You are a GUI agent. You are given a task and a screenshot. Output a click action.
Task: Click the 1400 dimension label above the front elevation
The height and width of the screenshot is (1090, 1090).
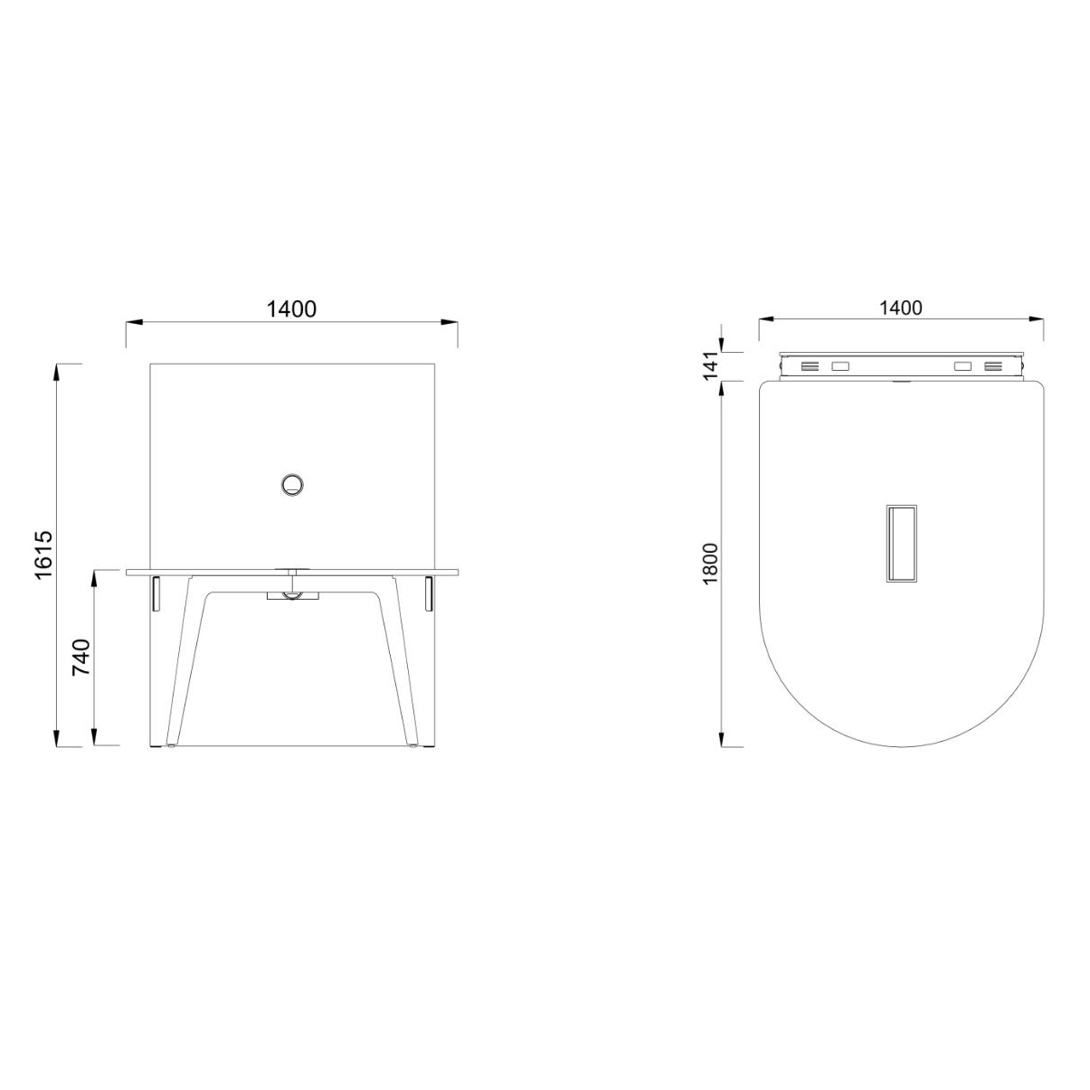click(291, 308)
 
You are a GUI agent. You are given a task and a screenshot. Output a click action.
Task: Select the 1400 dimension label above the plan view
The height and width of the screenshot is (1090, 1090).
click(900, 308)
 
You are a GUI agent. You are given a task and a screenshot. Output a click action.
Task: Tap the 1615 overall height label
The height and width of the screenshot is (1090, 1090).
click(45, 555)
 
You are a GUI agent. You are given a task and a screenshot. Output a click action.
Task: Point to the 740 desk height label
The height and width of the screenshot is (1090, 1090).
click(81, 659)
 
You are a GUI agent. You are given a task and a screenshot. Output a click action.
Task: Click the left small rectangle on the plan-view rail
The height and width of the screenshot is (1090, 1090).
click(841, 366)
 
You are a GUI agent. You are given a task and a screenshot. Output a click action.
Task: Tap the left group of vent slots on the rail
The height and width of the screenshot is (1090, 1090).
click(810, 366)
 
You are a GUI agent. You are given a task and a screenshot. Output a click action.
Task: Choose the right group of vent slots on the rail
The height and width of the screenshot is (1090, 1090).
click(993, 366)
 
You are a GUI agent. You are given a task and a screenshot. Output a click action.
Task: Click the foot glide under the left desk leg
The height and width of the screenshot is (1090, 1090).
click(171, 747)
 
